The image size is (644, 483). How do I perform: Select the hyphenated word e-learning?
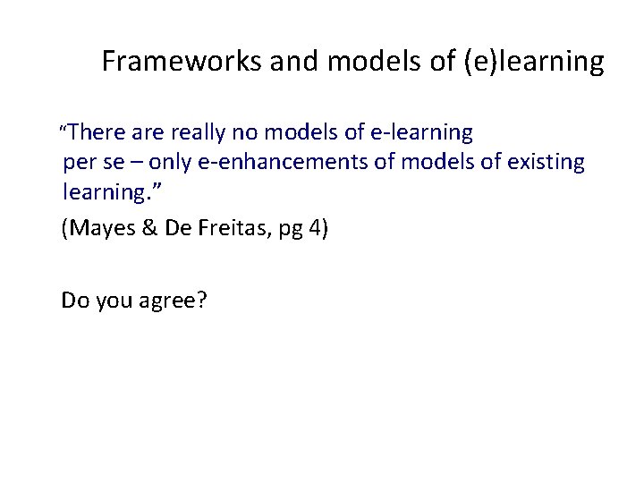tap(422, 133)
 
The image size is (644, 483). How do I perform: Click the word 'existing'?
tap(541, 164)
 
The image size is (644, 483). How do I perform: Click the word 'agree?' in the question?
tap(174, 301)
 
